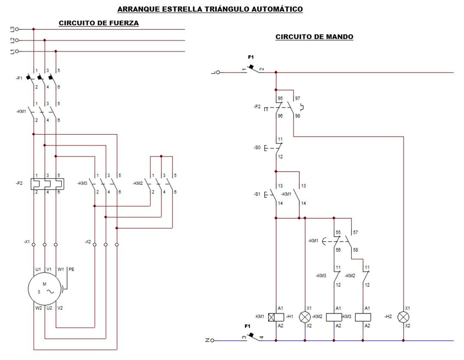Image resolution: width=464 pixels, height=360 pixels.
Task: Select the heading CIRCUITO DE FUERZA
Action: coord(98,23)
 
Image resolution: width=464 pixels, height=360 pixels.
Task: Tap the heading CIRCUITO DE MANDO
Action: coord(314,37)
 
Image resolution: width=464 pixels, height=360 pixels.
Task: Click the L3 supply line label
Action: coord(12,29)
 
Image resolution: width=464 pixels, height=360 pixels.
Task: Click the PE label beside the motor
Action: coord(71,269)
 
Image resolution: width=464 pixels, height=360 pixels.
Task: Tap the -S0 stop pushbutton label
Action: coord(258,148)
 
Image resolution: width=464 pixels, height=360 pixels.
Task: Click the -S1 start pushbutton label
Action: coord(258,194)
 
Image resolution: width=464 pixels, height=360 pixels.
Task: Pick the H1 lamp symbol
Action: coord(305,317)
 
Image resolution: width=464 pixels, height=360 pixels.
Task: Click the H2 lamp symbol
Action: coord(403,317)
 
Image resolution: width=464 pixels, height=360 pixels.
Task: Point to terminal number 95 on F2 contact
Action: coord(280,98)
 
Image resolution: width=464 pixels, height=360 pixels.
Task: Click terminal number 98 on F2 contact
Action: coord(297,115)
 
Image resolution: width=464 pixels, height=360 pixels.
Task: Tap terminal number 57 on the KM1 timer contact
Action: coord(356,233)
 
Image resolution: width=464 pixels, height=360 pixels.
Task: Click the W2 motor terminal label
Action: coord(38,308)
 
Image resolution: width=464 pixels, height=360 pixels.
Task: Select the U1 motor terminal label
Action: coord(38,269)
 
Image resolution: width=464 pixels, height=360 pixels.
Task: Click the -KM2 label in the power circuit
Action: coord(137,183)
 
